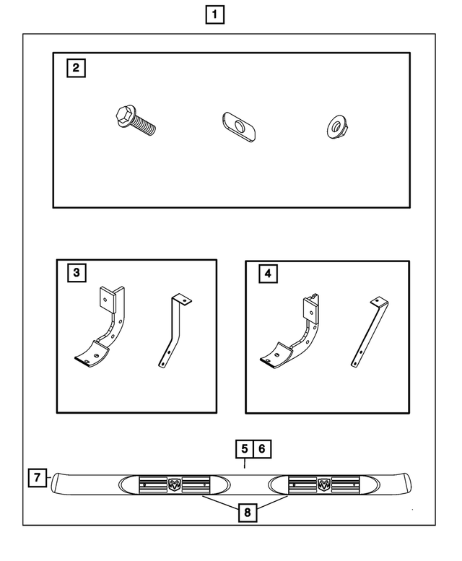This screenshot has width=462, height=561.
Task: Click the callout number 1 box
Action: coord(214,14)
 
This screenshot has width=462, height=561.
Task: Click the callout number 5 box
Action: coord(245,448)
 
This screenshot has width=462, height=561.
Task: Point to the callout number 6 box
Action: coord(262,448)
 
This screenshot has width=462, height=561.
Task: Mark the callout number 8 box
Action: coord(247,513)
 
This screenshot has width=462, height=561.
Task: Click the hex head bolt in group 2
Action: coord(135,121)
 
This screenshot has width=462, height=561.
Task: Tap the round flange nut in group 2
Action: coord(336,128)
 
